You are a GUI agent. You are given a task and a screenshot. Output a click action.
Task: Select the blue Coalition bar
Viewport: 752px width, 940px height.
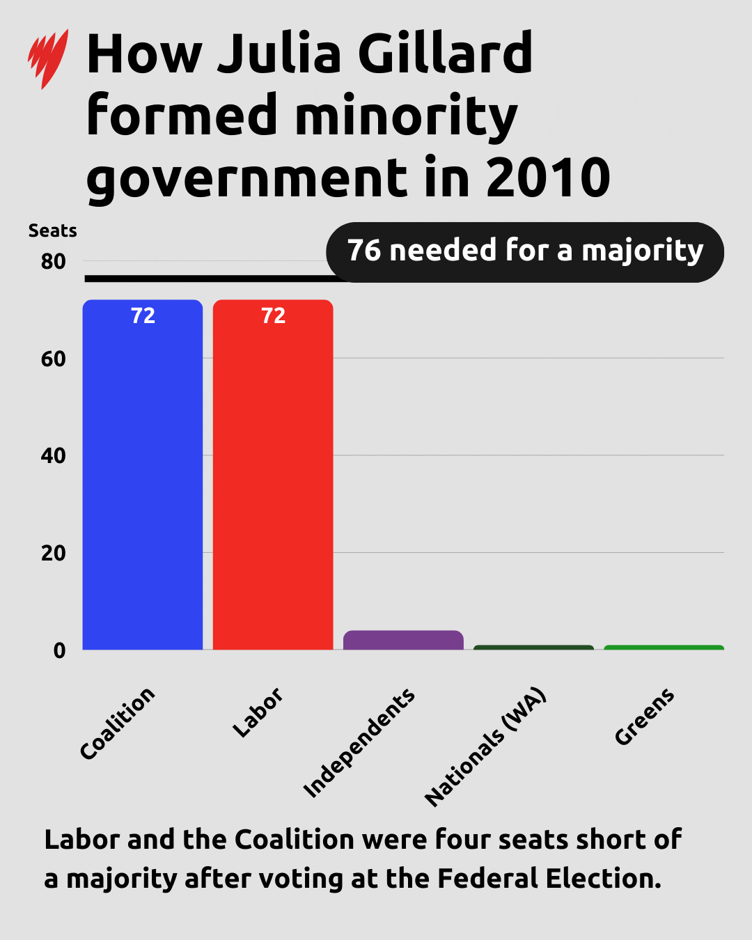coord(143,480)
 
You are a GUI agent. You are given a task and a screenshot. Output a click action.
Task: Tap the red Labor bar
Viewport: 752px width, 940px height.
coord(273,480)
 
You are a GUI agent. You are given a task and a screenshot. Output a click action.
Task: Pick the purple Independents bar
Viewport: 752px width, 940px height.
coord(403,640)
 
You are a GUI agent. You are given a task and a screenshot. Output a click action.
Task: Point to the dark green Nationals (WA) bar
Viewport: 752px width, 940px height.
coord(533,648)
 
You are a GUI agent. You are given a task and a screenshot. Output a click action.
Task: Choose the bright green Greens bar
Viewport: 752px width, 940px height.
coord(664,648)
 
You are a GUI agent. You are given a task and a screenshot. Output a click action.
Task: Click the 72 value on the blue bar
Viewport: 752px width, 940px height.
coord(143,316)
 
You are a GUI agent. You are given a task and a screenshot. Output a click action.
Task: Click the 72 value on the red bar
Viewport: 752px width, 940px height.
coord(273,316)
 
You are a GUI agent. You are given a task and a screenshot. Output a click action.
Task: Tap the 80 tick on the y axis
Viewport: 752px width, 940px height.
coord(53,262)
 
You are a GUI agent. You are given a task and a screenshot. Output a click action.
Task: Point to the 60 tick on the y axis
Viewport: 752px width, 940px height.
coord(53,359)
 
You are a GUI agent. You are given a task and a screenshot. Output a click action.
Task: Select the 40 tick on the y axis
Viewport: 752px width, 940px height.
coord(53,456)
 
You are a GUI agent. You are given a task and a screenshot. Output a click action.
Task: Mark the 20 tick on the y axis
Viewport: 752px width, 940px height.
coord(53,554)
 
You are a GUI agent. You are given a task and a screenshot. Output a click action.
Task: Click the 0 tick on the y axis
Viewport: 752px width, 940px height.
coord(59,650)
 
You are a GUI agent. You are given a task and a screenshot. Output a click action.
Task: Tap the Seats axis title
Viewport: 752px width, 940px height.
coord(52,230)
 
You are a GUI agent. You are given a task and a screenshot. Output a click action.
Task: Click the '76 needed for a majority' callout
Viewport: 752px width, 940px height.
coord(525,251)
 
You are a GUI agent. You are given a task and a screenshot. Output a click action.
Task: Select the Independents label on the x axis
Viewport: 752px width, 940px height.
coord(359,743)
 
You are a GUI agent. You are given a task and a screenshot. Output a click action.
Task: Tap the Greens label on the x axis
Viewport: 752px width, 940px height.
coord(644,716)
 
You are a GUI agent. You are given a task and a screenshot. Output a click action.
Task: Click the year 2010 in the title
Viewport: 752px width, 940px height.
coord(547,178)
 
